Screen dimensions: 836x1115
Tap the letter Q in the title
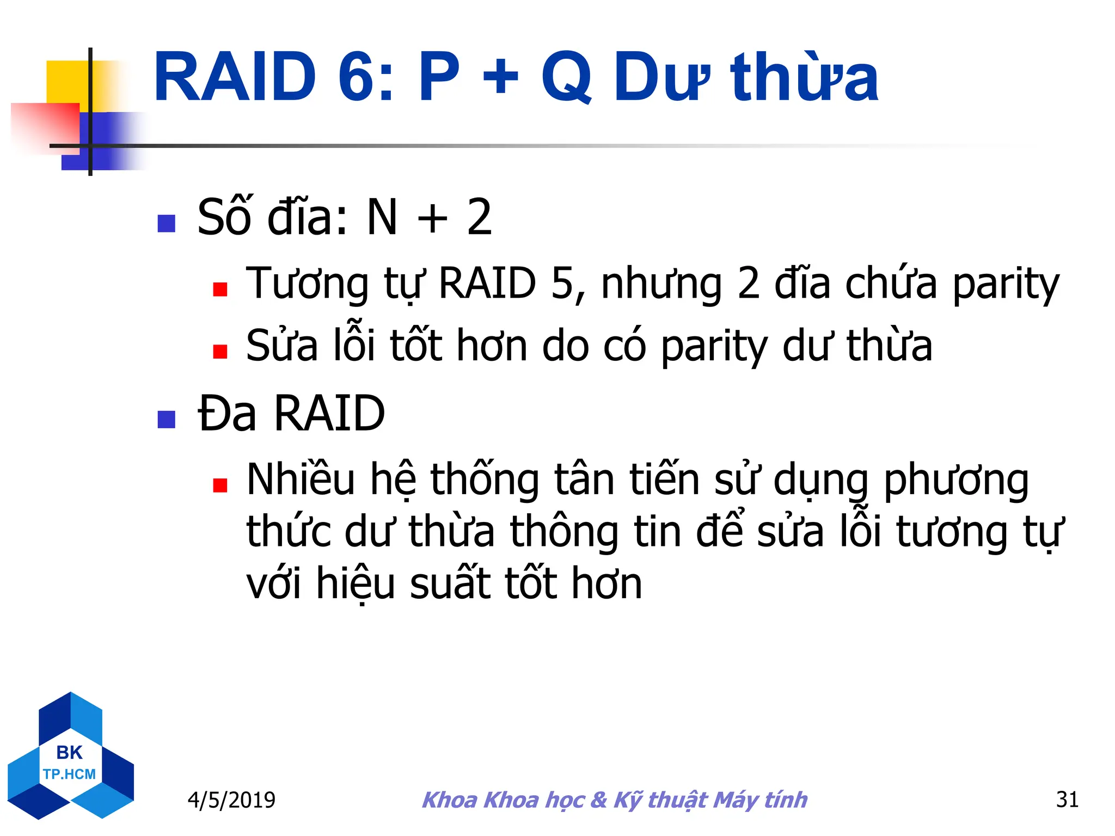coord(567,77)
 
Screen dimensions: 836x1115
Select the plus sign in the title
coord(500,77)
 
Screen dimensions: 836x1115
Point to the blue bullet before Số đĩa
coord(166,223)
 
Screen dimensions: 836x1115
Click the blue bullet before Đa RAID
coord(166,419)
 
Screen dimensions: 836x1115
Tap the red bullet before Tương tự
coord(220,289)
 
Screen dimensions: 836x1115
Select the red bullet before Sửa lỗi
coord(220,352)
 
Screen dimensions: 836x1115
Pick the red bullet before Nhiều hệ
coord(220,485)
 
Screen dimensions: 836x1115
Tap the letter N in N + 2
coord(383,218)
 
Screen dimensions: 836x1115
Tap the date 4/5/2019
coord(231,800)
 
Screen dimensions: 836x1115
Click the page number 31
coord(1067,800)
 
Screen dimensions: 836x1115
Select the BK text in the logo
coord(69,753)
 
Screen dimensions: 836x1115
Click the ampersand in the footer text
coord(598,800)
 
